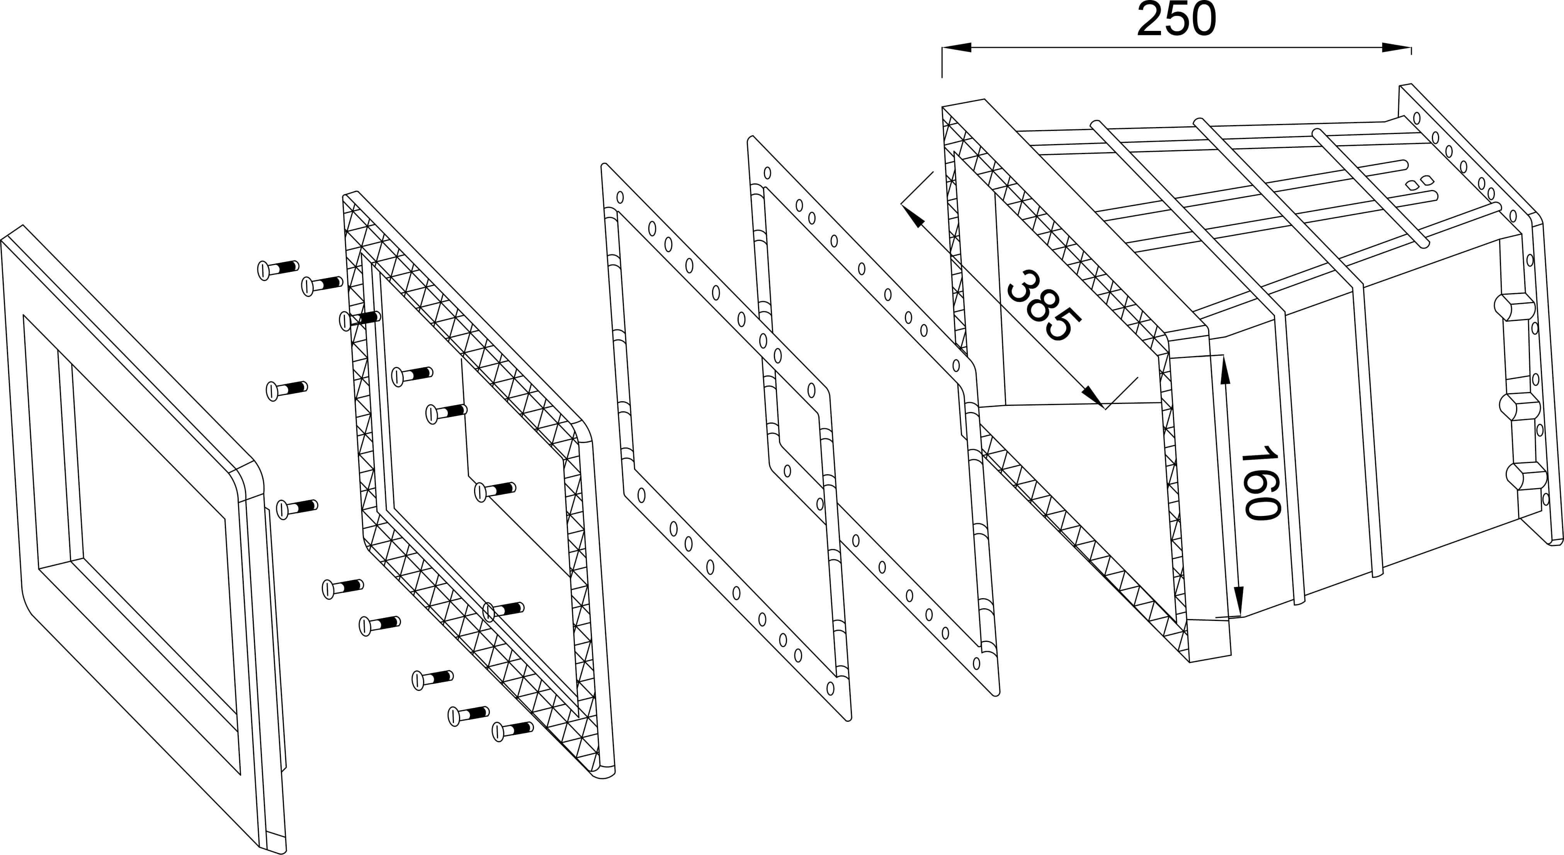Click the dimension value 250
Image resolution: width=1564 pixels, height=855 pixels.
point(1176,20)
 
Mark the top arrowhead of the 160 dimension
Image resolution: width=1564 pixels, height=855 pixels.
point(1225,370)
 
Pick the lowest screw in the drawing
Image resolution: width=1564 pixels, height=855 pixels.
point(512,730)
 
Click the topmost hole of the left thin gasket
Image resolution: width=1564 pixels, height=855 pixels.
point(620,197)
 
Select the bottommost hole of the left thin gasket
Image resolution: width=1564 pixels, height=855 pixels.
point(830,689)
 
